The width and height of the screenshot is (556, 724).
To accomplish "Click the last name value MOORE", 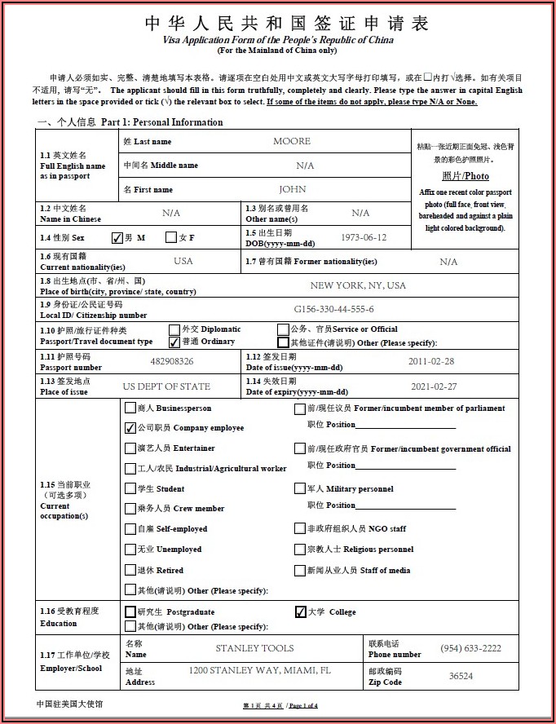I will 292,141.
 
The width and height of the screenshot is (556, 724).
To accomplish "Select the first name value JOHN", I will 293,189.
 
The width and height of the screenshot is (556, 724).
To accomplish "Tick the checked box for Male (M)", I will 117,238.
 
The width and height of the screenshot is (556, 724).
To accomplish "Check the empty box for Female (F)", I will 171,237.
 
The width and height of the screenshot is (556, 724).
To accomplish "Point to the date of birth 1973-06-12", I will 364,237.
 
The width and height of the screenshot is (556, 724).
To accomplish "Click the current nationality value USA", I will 183,261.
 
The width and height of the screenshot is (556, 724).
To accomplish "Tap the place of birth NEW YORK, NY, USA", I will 358,285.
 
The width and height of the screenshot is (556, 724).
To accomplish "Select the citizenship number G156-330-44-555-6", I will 334,309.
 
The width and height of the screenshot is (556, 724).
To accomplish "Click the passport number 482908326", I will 172,361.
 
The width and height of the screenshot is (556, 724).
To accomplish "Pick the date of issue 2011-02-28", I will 431,361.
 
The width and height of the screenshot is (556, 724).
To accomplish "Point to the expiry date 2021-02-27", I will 434,386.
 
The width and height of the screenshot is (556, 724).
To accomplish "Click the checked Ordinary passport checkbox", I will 174,342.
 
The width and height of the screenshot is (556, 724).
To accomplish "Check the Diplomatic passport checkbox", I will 174,329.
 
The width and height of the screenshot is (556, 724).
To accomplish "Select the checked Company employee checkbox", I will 130,427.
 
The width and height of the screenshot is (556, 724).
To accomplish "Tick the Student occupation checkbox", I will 130,488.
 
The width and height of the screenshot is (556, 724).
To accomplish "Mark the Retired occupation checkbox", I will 130,570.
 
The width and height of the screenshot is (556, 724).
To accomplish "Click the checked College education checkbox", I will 301,611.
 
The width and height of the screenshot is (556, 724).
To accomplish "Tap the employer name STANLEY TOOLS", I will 254,648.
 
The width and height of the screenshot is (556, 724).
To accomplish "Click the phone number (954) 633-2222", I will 471,648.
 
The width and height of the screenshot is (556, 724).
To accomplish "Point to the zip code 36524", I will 461,676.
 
